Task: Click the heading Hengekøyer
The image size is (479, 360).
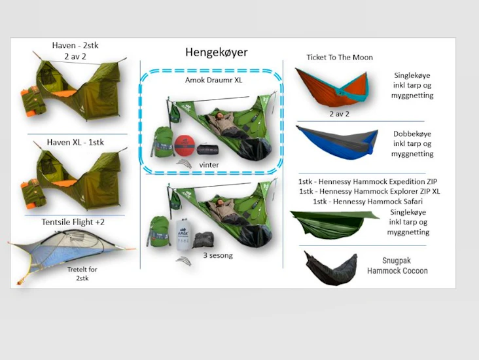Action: pos(217,52)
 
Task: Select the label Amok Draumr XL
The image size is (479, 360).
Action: pos(213,80)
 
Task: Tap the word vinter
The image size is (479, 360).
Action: pos(209,165)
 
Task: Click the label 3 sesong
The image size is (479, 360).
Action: pos(218,255)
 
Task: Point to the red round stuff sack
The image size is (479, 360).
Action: pos(185,145)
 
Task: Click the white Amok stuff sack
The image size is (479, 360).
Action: pos(183,235)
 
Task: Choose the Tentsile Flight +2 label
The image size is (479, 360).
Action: pos(73,222)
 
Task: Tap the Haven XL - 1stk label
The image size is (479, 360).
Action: pos(75,143)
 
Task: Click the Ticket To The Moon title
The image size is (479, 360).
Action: pos(340,58)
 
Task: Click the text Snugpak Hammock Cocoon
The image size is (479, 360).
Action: pos(397,266)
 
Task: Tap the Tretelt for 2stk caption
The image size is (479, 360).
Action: pos(82,274)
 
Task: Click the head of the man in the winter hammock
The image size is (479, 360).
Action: pos(219,116)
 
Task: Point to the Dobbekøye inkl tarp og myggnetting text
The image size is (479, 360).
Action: pos(412,143)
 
